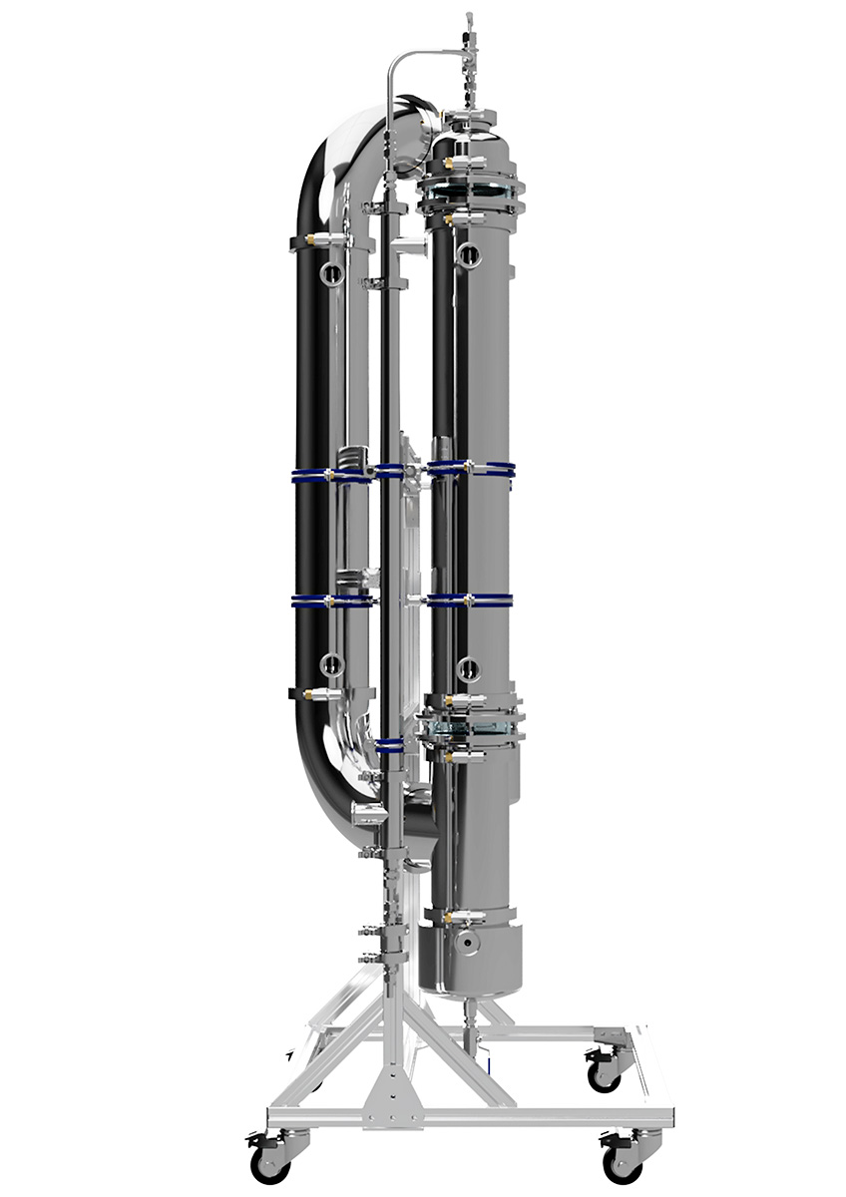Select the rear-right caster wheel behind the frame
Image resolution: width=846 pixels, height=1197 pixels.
pos(601,1073)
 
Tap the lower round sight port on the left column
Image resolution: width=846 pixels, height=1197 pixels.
pos(331,664)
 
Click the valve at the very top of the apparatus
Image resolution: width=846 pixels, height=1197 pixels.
pos(466,45)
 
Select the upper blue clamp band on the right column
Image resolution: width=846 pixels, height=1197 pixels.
pos(471,468)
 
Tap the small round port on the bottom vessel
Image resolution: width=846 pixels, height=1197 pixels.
pos(464,944)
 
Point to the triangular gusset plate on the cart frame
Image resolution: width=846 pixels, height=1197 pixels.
pos(394,1082)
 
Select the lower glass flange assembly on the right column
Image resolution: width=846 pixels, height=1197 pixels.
pos(469,725)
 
